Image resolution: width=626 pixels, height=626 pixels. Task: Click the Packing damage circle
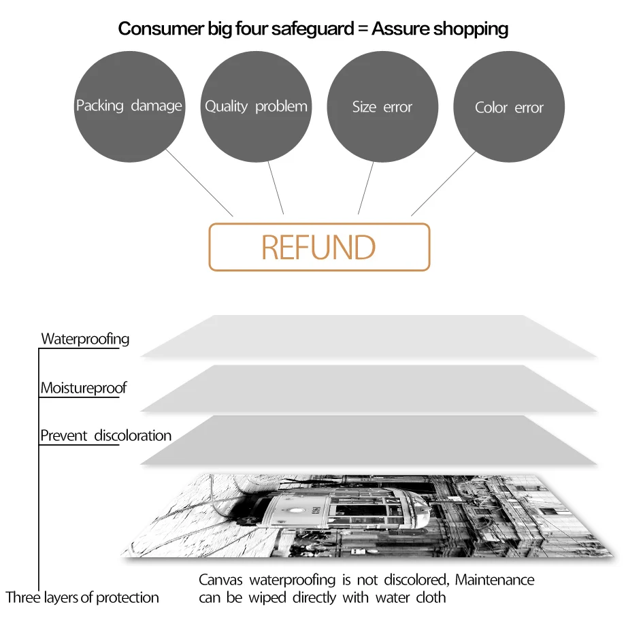[129, 106]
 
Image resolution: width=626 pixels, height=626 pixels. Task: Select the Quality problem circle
[256, 107]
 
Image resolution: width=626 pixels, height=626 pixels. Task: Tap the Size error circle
[382, 107]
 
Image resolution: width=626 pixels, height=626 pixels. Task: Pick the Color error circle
[509, 108]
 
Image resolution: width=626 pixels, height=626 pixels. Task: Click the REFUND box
[318, 247]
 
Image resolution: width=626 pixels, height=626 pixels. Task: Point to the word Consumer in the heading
[151, 29]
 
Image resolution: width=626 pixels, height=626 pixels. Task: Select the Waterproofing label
[85, 338]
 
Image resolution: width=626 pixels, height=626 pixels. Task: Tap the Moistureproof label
[83, 388]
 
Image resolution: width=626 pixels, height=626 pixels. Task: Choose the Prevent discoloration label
[105, 435]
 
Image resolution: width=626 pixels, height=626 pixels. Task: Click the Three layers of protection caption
[82, 597]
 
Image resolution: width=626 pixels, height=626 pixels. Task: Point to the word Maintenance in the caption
[495, 580]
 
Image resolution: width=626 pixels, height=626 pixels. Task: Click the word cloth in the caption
[431, 597]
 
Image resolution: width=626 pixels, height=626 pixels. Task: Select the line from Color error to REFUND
[443, 183]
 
